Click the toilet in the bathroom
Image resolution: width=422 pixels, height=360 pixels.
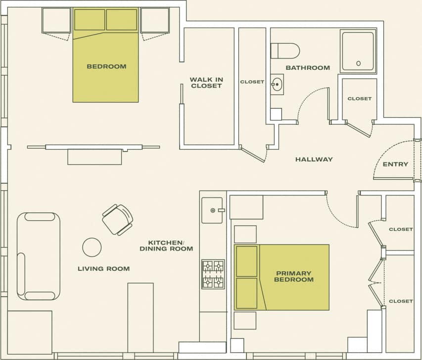(286, 51)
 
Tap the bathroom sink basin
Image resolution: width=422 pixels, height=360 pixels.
(277, 84)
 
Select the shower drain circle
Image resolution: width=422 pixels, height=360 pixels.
(358, 63)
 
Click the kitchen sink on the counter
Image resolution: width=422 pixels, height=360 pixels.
(213, 210)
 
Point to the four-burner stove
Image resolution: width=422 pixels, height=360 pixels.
(213, 274)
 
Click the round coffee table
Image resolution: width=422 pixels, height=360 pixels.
(92, 247)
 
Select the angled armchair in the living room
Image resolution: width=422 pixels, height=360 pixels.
(118, 219)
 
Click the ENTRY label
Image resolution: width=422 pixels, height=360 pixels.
(395, 164)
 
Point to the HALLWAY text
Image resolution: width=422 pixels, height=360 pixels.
(314, 159)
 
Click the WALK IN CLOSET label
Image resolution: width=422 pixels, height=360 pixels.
(205, 82)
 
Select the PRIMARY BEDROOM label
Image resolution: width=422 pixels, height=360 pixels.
(294, 276)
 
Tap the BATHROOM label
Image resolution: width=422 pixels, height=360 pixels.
(307, 68)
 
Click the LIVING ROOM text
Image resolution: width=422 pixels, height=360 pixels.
(103, 269)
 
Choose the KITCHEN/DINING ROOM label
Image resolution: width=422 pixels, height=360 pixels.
(166, 246)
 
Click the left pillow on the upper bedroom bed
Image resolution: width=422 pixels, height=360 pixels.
(90, 20)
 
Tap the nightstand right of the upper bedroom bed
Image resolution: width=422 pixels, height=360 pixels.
(155, 20)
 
